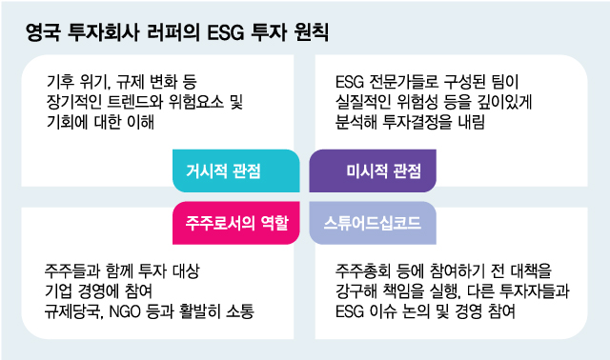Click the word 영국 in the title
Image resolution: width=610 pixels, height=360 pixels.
(44, 33)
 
